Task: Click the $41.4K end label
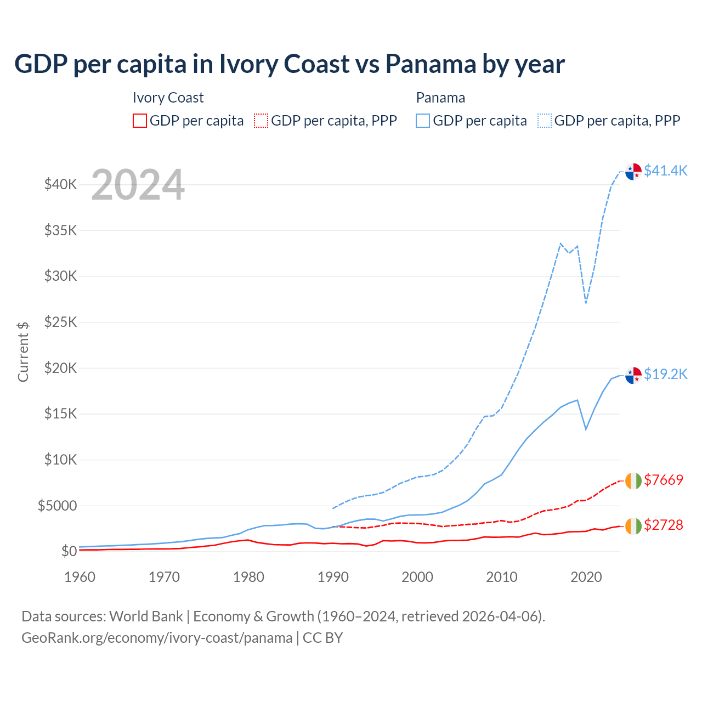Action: click(x=665, y=171)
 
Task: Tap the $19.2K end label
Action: click(x=665, y=374)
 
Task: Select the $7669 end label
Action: click(x=664, y=480)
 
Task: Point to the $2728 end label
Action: click(x=664, y=525)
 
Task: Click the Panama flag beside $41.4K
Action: click(x=633, y=172)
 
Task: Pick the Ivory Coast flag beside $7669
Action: click(x=633, y=481)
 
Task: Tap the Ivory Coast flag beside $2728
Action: click(x=633, y=526)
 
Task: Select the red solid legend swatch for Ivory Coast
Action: click(x=140, y=121)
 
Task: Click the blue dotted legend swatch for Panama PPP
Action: click(x=545, y=121)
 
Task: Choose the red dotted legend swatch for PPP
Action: click(x=261, y=121)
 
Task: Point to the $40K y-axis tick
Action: click(x=61, y=184)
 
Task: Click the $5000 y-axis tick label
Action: click(x=57, y=506)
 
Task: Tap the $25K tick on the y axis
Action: click(x=61, y=322)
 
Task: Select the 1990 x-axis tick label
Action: click(x=333, y=577)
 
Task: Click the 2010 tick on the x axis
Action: click(x=502, y=577)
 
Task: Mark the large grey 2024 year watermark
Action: click(x=138, y=185)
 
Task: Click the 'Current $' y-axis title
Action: click(x=23, y=352)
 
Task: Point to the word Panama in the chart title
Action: click(x=430, y=64)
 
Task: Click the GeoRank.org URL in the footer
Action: click(x=157, y=638)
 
